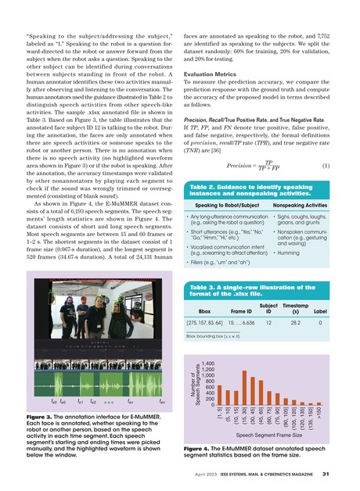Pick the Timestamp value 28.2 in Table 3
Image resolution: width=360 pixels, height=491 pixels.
297,321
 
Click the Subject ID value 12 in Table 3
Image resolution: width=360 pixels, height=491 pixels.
268,321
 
